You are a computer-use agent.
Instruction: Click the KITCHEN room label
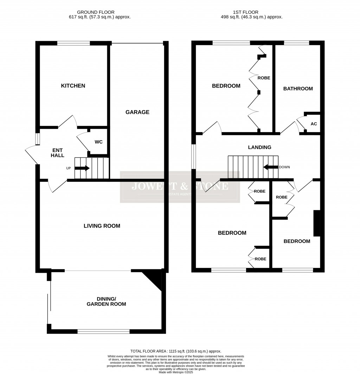tap(73, 86)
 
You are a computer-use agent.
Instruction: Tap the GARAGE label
tap(137, 112)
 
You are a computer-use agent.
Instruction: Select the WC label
tap(99, 142)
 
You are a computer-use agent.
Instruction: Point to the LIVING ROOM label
tap(102, 226)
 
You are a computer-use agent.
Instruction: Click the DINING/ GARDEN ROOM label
tap(107, 301)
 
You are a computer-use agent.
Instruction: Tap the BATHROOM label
tap(298, 89)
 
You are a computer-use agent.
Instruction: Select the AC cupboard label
tap(314, 124)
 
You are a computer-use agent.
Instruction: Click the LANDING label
tap(260, 147)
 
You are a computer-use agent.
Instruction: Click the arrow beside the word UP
tap(82, 168)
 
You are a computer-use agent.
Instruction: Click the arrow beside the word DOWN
tap(270, 167)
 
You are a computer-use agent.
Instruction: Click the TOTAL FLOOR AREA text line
tap(176, 351)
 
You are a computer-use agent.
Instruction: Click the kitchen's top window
tap(73, 43)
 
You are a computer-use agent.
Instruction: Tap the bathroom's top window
tap(296, 43)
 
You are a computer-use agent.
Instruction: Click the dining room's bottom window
tap(104, 331)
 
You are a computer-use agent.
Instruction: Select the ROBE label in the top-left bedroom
tap(264, 78)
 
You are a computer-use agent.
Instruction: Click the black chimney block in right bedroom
tap(317, 223)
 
